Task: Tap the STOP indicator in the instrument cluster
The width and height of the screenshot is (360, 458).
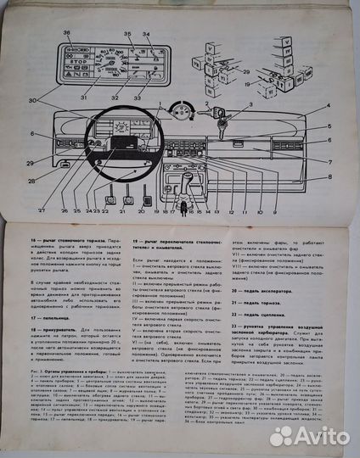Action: [x=73, y=61]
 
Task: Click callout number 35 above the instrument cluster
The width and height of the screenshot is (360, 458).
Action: [x=129, y=35]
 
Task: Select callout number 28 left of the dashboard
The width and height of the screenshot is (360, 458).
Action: [x=32, y=181]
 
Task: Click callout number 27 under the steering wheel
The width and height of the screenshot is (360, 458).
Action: [x=41, y=209]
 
